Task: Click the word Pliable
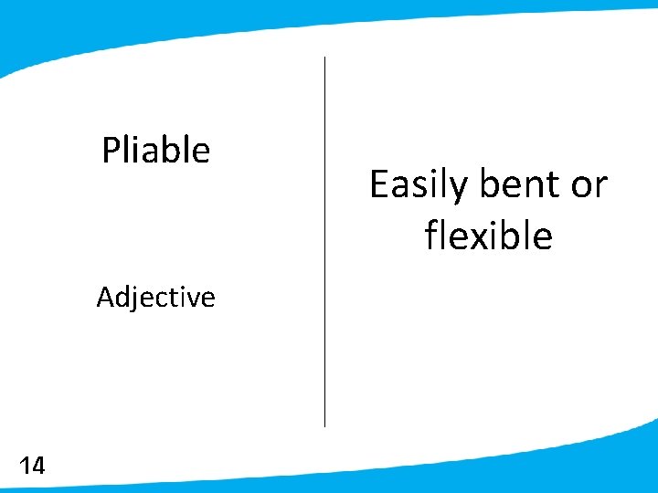pos(155,150)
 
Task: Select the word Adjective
pos(155,297)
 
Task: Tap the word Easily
pos(419,186)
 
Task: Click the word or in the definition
pos(589,185)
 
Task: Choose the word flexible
pos(488,236)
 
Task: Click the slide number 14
pos(31,467)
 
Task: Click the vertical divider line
pos(324,242)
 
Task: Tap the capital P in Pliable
pos(111,150)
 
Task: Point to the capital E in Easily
pos(378,185)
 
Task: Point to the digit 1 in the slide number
pos(24,467)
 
